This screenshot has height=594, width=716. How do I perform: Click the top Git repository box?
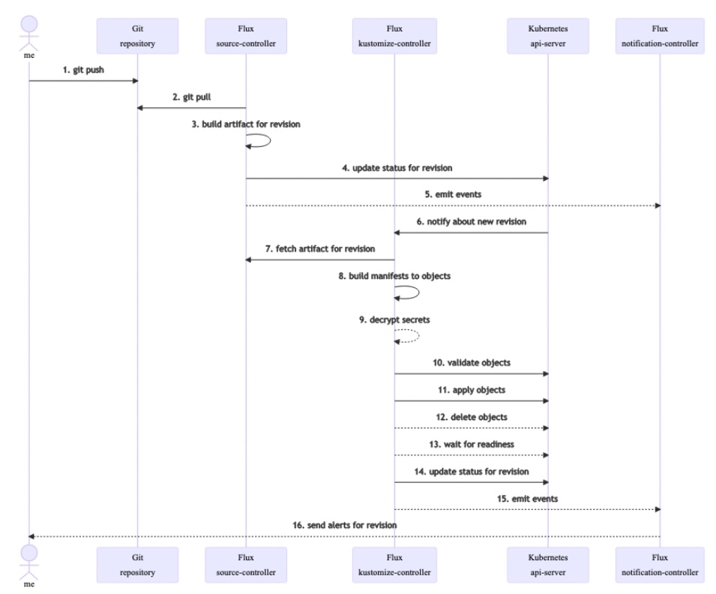click(x=137, y=37)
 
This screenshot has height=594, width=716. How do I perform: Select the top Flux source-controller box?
click(x=246, y=37)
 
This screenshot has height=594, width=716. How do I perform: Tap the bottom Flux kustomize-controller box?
click(x=394, y=565)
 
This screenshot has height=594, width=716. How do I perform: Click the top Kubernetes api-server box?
click(x=548, y=37)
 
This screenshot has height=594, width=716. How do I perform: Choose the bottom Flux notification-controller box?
click(x=661, y=565)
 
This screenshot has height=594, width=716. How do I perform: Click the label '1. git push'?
click(x=83, y=70)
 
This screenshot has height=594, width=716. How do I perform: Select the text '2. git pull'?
click(x=192, y=97)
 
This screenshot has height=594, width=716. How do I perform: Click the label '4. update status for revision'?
click(x=397, y=167)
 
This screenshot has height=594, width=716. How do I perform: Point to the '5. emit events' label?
click(x=453, y=194)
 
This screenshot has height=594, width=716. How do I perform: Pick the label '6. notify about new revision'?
click(x=472, y=222)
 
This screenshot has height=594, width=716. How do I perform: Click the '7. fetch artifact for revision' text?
click(x=320, y=248)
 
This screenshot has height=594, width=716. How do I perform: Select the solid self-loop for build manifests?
click(x=409, y=292)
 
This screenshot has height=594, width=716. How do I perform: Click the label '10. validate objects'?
click(x=472, y=362)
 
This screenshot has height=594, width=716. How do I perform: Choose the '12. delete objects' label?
click(x=472, y=416)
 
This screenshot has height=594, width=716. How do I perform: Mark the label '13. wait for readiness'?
click(x=472, y=444)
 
